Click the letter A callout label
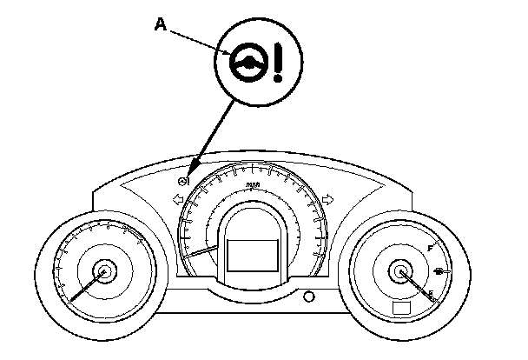(x=160, y=25)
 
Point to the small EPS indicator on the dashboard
(x=183, y=182)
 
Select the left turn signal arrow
(x=178, y=200)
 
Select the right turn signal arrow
(x=328, y=200)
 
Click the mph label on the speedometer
(x=253, y=184)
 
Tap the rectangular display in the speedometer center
(x=253, y=258)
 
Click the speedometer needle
(x=204, y=252)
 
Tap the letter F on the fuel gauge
(x=430, y=250)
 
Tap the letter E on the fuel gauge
(x=430, y=293)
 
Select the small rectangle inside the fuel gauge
(x=401, y=309)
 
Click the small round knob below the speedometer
(x=308, y=297)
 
